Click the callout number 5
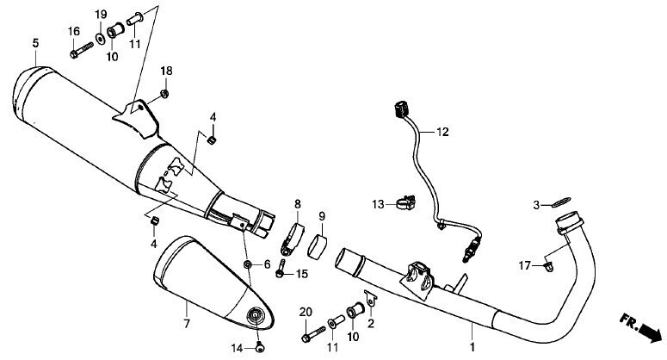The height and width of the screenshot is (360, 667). click(35, 42)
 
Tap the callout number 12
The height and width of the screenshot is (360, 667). click(442, 133)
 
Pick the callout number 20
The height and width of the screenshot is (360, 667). click(305, 311)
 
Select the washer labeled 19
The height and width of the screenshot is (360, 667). click(102, 36)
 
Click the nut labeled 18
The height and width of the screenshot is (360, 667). click(164, 93)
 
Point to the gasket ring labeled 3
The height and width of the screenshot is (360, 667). click(560, 202)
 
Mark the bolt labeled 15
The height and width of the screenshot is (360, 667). click(281, 271)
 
